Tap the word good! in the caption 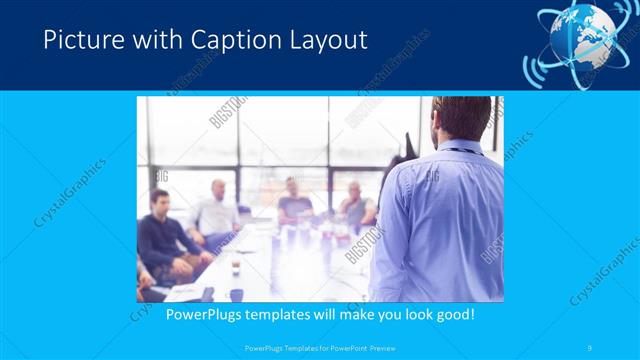pyautogui.click(x=453, y=314)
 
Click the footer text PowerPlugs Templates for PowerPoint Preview pyautogui.click(x=319, y=347)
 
